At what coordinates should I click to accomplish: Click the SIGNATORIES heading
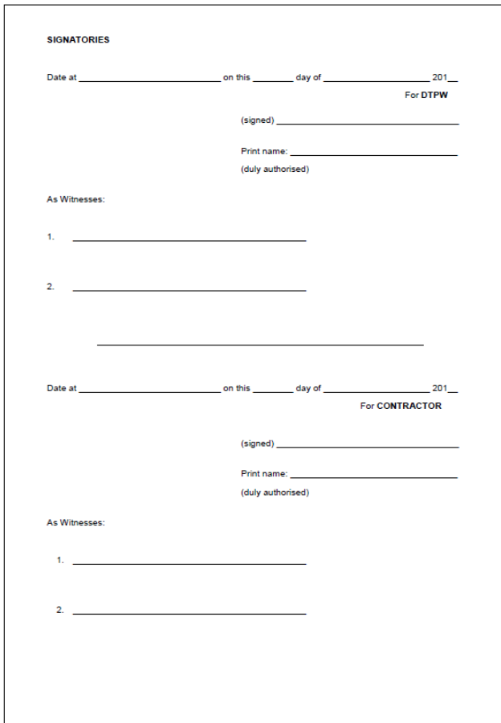[x=78, y=40]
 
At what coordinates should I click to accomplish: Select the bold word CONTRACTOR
[x=409, y=406]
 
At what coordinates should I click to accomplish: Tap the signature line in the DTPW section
[x=367, y=124]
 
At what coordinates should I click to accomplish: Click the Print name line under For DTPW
[x=373, y=154]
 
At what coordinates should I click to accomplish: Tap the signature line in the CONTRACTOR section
[x=367, y=447]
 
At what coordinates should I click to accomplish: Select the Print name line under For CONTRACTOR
[x=373, y=477]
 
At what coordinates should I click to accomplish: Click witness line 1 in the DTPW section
[x=189, y=240]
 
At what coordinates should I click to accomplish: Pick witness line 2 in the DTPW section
[x=189, y=290]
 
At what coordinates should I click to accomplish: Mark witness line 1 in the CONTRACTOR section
[x=189, y=564]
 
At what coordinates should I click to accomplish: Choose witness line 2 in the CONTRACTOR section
[x=189, y=614]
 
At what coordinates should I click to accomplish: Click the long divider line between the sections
[x=260, y=345]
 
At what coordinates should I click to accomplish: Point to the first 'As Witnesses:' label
[x=75, y=199]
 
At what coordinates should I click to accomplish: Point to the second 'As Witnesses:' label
[x=75, y=522]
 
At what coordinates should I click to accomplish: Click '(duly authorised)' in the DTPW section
[x=275, y=170]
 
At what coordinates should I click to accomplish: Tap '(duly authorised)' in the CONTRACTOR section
[x=275, y=492]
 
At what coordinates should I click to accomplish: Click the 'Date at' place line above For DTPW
[x=150, y=81]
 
